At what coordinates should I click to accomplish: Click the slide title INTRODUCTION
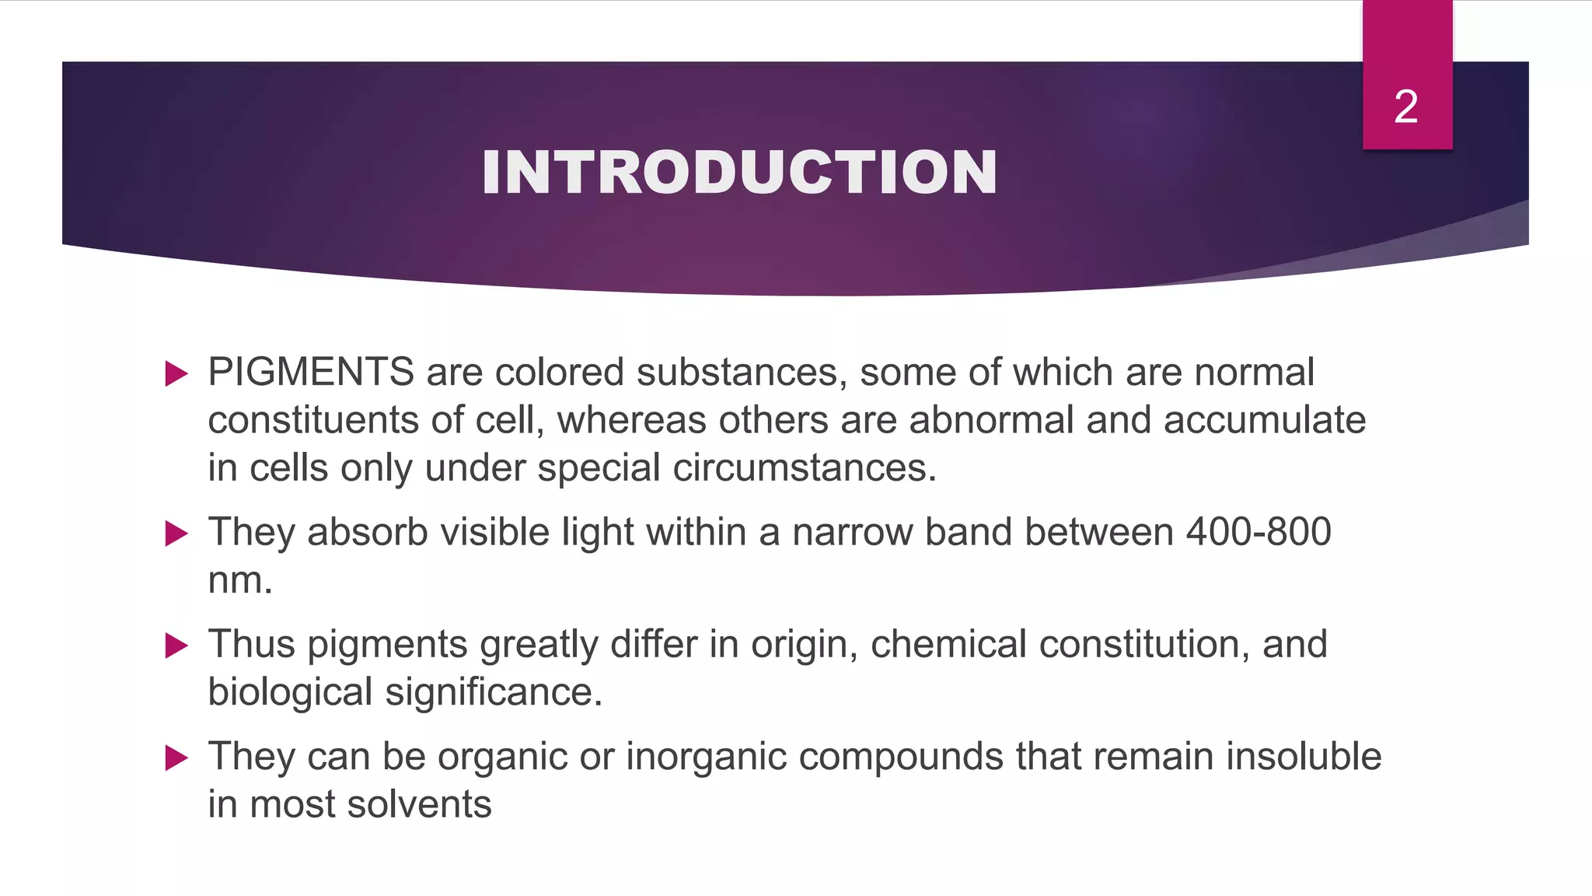click(x=738, y=172)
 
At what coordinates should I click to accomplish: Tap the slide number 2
click(x=1405, y=107)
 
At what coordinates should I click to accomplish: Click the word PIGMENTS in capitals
click(x=311, y=372)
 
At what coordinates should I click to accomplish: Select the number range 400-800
click(x=1259, y=532)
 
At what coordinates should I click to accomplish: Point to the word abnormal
click(x=991, y=420)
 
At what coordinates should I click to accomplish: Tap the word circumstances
click(x=805, y=468)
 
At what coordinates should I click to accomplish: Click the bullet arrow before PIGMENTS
click(x=177, y=374)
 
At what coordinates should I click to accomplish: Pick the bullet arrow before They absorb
click(x=177, y=534)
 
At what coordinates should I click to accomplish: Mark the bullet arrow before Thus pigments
click(x=177, y=646)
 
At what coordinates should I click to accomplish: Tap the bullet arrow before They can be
click(x=177, y=758)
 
